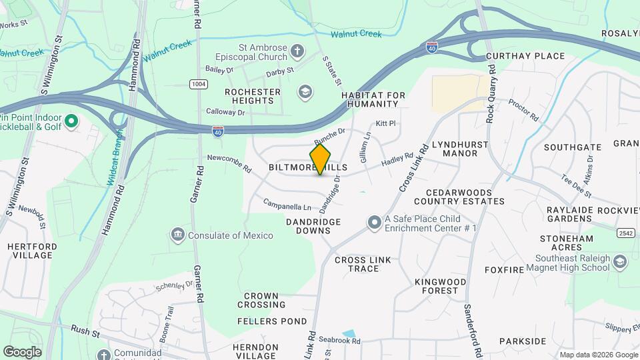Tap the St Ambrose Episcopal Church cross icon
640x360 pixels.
tap(297, 50)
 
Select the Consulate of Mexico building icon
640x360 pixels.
tap(178, 235)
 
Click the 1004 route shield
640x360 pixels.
tap(198, 84)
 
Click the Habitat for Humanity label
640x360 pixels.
tap(373, 100)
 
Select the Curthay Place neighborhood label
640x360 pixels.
tap(525, 56)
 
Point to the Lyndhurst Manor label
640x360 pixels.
tap(460, 149)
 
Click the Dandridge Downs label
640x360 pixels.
tap(313, 226)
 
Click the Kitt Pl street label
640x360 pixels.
tap(386, 123)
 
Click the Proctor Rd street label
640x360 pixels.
tap(523, 110)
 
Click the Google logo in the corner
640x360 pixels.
tap(22, 351)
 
